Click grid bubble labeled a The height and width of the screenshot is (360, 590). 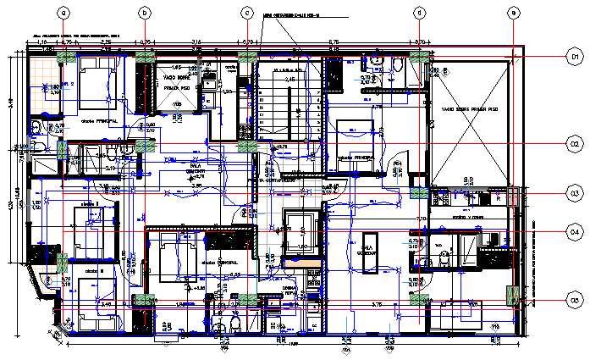63,12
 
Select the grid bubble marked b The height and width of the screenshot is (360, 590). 145,12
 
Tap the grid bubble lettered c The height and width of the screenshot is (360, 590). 247,12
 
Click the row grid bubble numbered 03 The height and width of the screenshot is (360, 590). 574,194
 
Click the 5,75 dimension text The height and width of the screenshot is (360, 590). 334,42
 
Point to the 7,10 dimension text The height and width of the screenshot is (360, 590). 420,219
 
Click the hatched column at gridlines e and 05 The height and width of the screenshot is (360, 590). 511,296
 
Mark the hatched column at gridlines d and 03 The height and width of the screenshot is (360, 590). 419,191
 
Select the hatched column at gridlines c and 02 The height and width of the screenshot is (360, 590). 247,145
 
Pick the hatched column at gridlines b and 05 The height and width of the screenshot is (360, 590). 145,299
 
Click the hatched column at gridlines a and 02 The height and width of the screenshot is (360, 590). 63,150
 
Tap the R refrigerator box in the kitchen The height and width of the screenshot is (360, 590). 499,196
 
